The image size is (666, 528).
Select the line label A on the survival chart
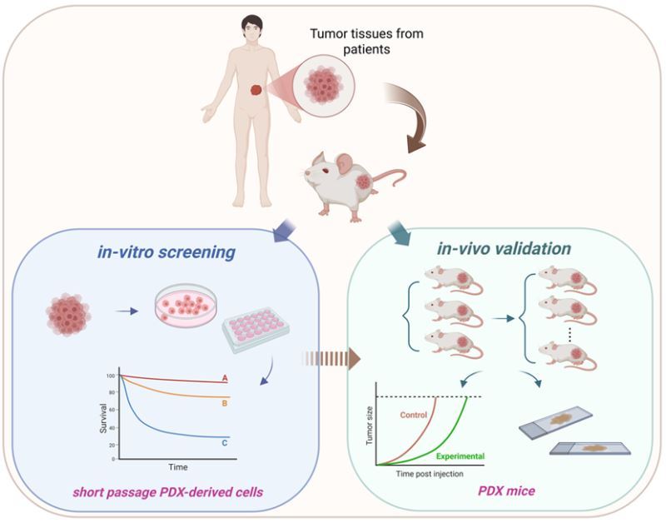(x=225, y=379)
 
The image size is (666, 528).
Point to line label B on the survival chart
(x=225, y=402)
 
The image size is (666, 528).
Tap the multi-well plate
(x=257, y=337)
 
